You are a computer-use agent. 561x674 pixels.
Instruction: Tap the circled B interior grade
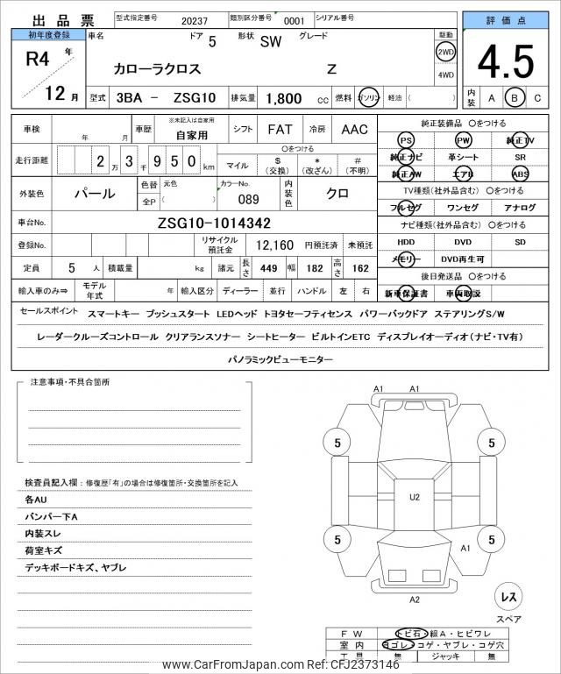(515, 98)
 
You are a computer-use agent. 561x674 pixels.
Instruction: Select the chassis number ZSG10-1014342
(214, 223)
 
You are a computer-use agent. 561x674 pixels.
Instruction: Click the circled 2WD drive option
(445, 53)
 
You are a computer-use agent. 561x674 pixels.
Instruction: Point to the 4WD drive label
(445, 75)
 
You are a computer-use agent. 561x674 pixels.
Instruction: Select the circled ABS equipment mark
(520, 174)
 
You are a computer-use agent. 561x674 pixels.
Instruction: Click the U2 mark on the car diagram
(415, 497)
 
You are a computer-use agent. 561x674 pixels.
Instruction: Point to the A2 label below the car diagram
(415, 600)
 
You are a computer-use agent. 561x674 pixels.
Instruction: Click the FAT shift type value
(280, 129)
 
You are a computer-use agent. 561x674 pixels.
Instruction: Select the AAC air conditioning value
(354, 129)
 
